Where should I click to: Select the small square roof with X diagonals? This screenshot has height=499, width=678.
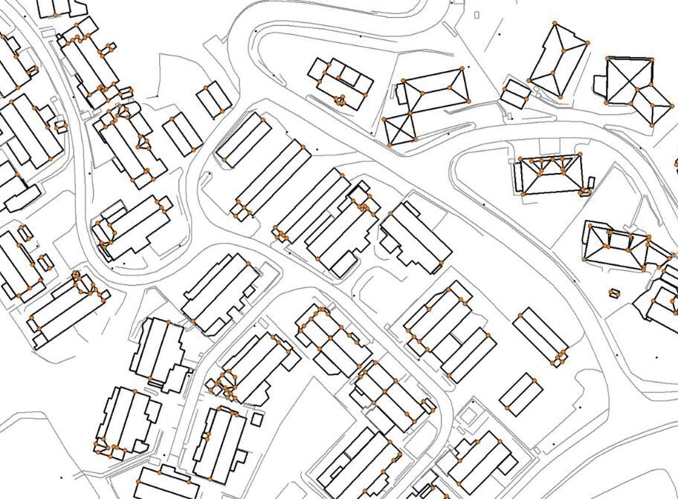point(400,128)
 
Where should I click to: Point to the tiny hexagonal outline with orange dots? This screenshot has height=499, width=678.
point(614,293)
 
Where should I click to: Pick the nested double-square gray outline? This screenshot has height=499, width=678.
point(466,417)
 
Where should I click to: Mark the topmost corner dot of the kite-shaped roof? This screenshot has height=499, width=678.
point(555,23)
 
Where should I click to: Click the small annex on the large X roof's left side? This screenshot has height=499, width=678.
point(601,84)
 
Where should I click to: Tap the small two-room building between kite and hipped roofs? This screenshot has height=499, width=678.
point(515,93)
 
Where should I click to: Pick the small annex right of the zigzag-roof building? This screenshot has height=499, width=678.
point(591,182)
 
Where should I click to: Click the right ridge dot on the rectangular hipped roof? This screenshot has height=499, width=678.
point(451,87)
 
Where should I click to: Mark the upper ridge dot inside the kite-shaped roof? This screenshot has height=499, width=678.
point(564,49)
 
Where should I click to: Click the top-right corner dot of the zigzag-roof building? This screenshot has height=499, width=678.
point(580,154)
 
